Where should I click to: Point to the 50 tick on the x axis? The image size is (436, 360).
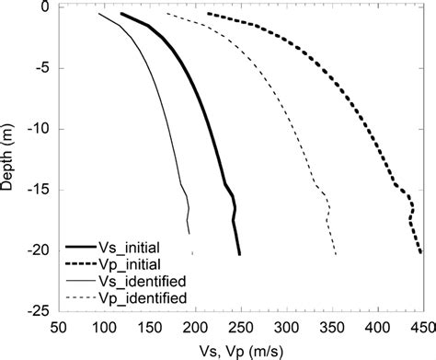(59, 327)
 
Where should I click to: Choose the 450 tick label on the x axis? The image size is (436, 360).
(419, 327)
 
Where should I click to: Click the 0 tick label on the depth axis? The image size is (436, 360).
(45, 7)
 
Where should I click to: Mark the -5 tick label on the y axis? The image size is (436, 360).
(41, 68)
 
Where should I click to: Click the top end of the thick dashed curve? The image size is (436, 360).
(209, 14)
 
